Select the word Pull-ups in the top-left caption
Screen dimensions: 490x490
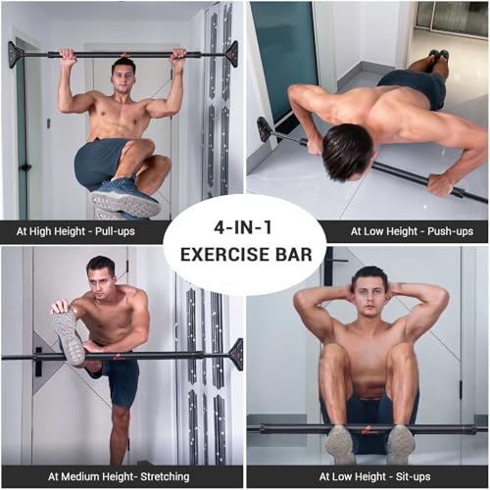tap(116, 231)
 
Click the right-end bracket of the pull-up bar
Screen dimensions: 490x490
tap(231, 53)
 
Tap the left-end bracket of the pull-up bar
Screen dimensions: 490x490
tap(15, 53)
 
